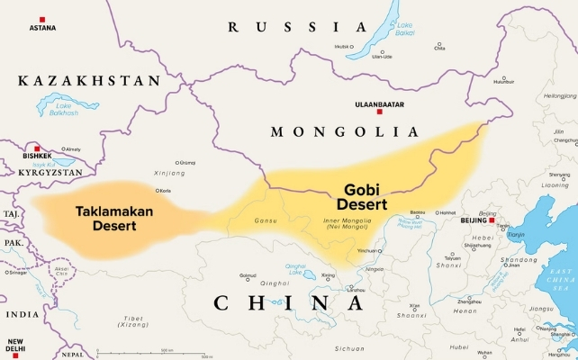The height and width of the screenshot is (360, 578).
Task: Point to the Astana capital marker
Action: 41,19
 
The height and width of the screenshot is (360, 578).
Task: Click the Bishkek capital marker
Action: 36,148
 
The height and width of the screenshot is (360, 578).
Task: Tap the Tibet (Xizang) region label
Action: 134,321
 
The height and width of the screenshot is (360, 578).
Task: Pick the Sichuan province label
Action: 348,347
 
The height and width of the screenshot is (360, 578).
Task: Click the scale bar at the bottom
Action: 135,353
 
